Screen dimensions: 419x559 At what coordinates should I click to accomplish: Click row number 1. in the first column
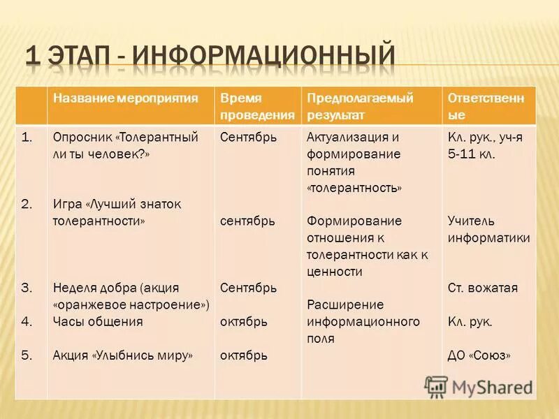(27, 138)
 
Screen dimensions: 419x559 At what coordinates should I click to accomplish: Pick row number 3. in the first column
(27, 288)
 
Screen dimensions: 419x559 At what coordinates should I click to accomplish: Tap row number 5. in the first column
(27, 355)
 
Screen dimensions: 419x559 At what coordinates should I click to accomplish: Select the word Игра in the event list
(67, 204)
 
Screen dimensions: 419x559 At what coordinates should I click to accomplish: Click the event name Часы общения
(97, 322)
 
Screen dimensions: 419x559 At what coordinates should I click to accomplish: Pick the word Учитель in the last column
(471, 221)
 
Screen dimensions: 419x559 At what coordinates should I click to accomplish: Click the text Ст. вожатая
(482, 288)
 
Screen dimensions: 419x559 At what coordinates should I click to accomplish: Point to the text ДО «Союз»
(479, 355)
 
